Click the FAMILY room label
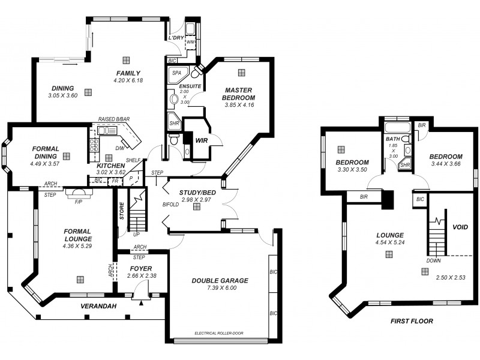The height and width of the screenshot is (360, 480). (x=128, y=73)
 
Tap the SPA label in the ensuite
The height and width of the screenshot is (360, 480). (x=176, y=73)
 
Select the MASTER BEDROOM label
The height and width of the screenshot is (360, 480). (x=239, y=93)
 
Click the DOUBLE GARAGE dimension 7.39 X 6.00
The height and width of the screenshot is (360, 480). (x=219, y=288)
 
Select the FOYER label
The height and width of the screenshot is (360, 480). (x=141, y=268)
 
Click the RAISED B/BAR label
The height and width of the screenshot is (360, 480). (x=113, y=120)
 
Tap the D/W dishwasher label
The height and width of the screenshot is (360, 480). (x=120, y=148)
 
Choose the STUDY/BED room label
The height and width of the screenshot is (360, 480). (x=196, y=192)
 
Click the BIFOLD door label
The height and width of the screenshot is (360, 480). (x=170, y=205)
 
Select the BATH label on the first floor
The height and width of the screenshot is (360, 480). (x=392, y=139)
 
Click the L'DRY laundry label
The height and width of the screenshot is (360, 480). (x=176, y=37)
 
